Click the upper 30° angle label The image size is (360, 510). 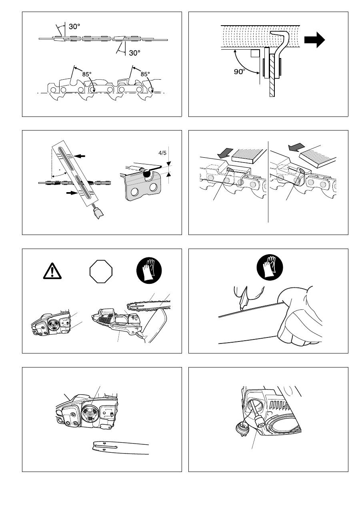click(74, 27)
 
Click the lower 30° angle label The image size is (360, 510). click(134, 53)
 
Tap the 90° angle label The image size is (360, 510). click(240, 72)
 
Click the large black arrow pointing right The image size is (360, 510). click(315, 40)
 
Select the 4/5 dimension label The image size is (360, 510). click(162, 153)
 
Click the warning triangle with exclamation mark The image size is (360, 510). click(52, 271)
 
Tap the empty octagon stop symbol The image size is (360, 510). click(101, 272)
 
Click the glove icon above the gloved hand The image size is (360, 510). click(270, 267)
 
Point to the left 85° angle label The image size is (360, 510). click(87, 74)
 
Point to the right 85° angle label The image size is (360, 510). click(145, 74)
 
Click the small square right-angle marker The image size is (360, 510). click(255, 53)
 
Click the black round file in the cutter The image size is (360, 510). click(146, 174)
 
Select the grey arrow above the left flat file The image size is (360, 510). click(225, 153)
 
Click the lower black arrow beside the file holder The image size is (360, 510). click(71, 193)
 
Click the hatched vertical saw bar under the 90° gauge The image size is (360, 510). click(272, 75)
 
